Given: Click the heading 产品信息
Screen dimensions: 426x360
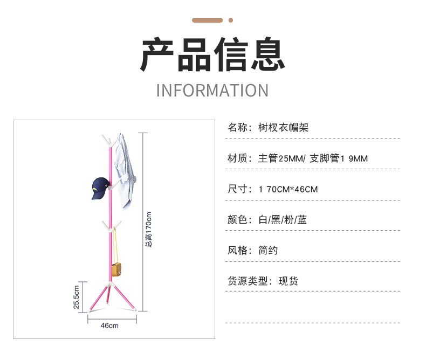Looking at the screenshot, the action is pos(212,55).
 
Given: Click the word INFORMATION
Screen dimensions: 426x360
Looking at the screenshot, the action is pos(212,91).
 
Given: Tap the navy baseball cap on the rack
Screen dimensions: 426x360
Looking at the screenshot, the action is pos(100,188).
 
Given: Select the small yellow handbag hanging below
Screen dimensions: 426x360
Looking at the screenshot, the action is pos(117,270).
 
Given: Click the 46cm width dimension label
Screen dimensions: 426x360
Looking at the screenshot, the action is pos(109,326).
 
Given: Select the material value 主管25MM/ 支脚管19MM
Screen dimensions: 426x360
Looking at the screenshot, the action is pos(313,158).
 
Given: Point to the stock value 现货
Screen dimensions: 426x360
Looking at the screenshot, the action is pos(288,281).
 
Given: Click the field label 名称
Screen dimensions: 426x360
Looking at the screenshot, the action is pos(239,128).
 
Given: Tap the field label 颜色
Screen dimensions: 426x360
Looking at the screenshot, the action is pos(239,220).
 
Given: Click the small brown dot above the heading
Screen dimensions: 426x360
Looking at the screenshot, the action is pos(231,20).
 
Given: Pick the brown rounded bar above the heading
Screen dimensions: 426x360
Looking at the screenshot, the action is pos(208,20).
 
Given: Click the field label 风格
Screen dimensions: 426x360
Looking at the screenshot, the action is pos(239,251).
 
